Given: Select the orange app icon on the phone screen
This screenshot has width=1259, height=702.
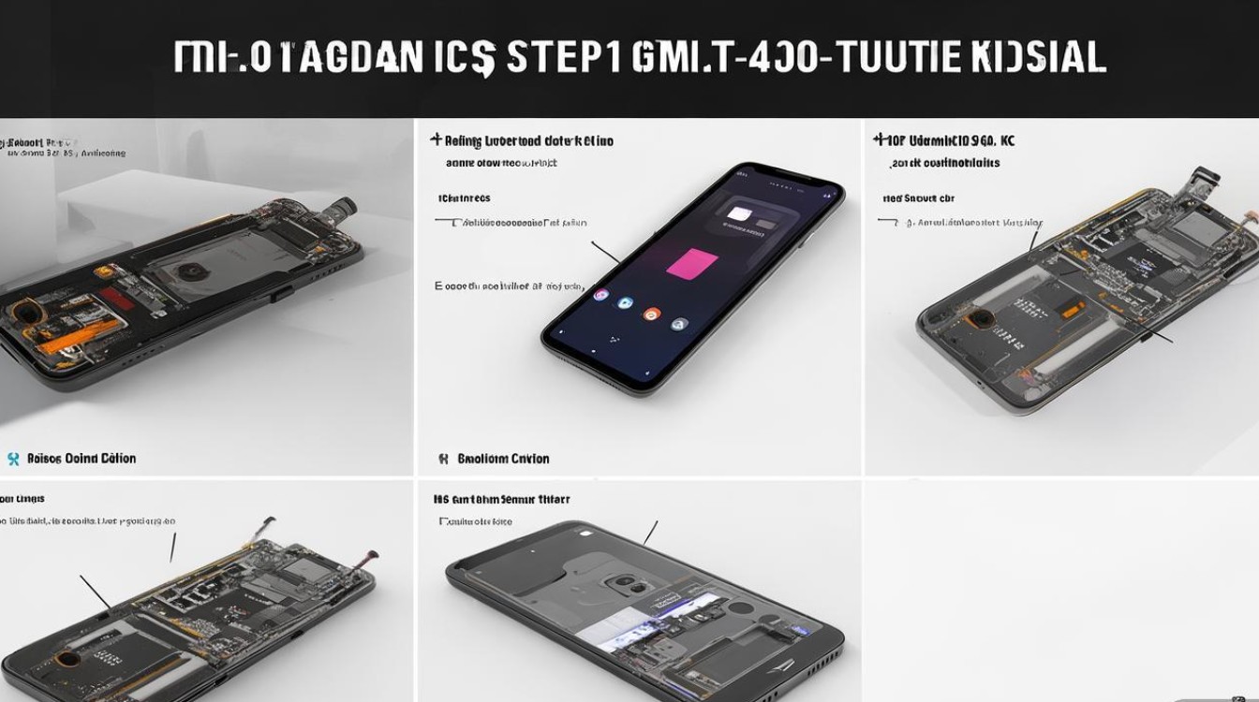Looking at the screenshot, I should click(x=650, y=314).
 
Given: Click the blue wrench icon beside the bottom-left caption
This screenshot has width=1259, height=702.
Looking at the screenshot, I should click(x=13, y=459).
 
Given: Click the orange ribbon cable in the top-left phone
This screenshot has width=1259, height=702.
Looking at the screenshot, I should click(x=89, y=332).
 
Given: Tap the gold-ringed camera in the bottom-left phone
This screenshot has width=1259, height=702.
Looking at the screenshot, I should click(x=66, y=658).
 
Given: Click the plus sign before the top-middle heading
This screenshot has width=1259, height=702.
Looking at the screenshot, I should click(x=436, y=140).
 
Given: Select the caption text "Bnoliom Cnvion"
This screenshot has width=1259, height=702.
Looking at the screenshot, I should click(x=503, y=459).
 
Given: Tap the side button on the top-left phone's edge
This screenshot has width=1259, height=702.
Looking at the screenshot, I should click(x=277, y=295).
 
